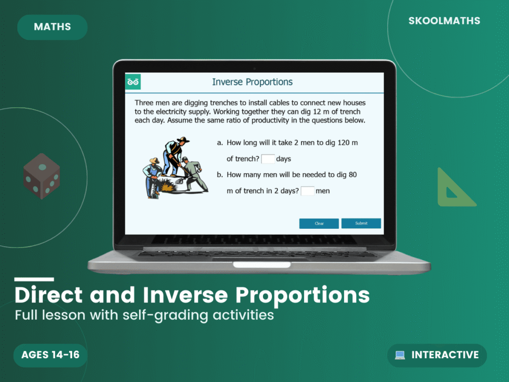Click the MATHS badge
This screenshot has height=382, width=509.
coord(52,27)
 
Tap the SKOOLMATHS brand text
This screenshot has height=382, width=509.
coord(444,21)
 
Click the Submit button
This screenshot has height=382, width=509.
coord(361,223)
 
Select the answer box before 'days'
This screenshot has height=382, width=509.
coord(268,159)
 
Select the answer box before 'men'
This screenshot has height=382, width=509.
coord(308,191)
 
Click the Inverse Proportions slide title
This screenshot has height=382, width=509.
coord(252,82)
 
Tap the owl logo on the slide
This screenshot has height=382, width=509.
coord(133,82)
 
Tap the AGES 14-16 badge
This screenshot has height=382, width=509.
coord(50,355)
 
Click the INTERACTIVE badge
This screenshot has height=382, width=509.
coord(437,355)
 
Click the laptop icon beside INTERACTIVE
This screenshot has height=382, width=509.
coord(400,355)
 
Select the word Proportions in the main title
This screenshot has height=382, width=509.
coord(302,295)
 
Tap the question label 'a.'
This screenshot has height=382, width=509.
coord(220,143)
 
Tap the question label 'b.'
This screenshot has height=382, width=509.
coord(220,175)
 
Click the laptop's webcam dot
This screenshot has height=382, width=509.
coord(254,67)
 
